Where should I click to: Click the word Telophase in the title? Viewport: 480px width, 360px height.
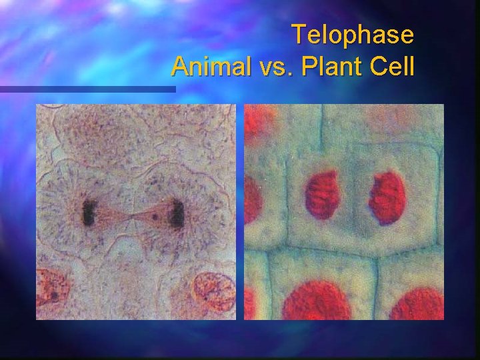click(353, 34)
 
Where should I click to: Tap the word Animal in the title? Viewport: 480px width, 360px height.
click(207, 66)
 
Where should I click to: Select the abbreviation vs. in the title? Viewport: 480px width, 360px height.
click(271, 67)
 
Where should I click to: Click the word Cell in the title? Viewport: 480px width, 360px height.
click(391, 66)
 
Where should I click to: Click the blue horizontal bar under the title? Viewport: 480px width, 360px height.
click(87, 89)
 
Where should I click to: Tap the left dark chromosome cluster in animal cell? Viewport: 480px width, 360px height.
click(89, 212)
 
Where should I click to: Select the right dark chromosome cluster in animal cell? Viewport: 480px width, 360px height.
click(177, 213)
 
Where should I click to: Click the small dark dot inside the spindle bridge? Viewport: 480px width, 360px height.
click(155, 215)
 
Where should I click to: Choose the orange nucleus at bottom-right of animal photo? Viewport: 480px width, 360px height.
click(213, 291)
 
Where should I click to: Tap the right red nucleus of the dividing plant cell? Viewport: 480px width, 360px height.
click(387, 197)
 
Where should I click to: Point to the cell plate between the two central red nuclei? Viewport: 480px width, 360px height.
click(355, 197)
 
